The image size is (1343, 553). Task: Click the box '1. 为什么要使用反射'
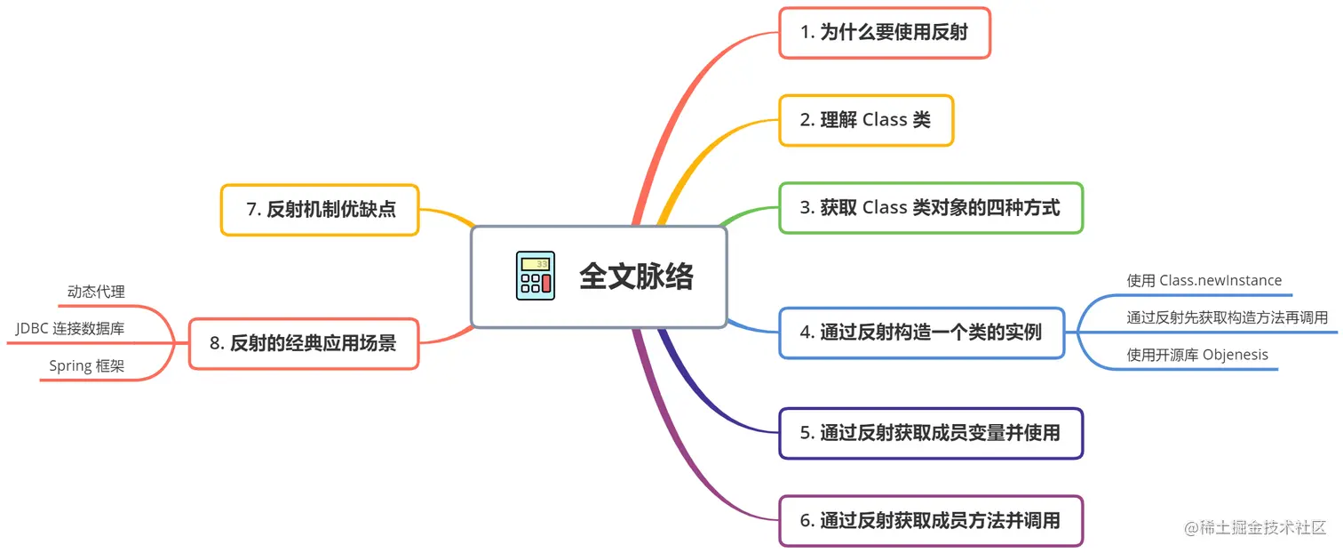click(884, 33)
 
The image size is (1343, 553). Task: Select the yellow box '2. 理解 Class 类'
click(865, 120)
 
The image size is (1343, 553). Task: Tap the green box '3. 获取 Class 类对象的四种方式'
click(930, 208)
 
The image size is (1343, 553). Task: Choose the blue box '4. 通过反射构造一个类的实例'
click(920, 333)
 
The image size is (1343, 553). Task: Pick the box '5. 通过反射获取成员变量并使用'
click(930, 433)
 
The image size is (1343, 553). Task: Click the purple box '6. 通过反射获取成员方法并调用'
click(930, 520)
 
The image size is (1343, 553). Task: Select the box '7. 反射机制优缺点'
click(320, 210)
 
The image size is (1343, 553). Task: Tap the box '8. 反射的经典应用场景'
click(303, 343)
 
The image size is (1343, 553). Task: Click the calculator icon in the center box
click(535, 276)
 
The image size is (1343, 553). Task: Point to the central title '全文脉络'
click(636, 276)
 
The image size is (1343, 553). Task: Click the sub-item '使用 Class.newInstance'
click(1204, 281)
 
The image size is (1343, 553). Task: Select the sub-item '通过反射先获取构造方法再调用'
click(1227, 317)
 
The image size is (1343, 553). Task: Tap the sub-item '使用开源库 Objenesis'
click(1196, 356)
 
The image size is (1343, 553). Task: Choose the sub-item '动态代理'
click(96, 292)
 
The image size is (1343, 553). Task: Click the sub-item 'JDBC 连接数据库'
click(70, 329)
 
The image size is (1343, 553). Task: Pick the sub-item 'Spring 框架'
click(86, 366)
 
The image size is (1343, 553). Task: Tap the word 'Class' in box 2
click(885, 120)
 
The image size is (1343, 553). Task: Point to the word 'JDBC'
click(32, 329)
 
